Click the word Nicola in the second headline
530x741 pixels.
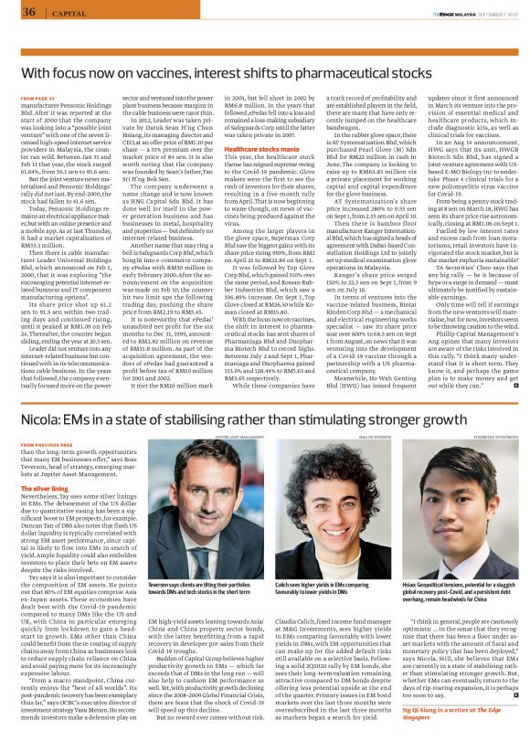click(42, 394)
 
